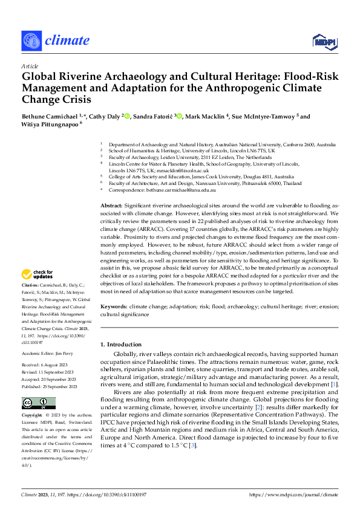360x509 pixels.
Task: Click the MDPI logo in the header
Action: coord(324,41)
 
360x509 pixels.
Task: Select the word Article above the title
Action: coord(30,66)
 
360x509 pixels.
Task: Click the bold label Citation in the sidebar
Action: coord(31,285)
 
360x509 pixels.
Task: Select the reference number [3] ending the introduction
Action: coord(192,446)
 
